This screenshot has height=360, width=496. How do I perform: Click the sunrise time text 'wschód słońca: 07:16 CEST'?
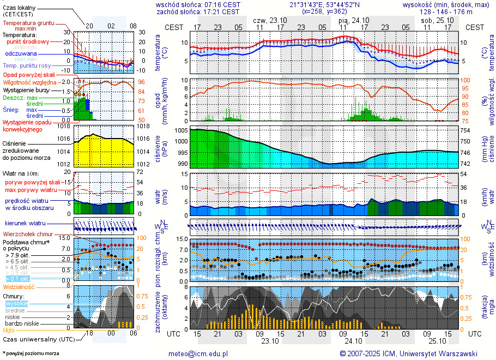[198, 4]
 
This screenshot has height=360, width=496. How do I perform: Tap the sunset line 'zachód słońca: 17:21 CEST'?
[198, 11]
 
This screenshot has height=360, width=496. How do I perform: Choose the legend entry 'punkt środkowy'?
[28, 41]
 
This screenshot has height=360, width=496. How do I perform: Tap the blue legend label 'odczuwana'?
[21, 54]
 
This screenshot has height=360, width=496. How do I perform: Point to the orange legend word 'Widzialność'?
[19, 286]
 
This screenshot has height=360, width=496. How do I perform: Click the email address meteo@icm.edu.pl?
[197, 353]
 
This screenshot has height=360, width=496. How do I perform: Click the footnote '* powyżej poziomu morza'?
[31, 353]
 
